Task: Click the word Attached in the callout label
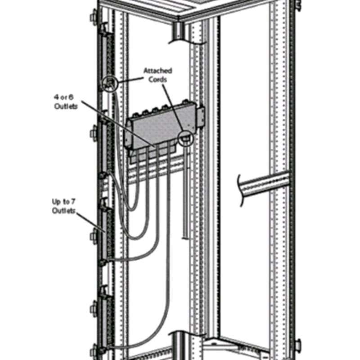click(158, 71)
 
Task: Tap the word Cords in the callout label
click(157, 80)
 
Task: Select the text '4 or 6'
click(63, 97)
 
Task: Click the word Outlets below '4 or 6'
click(66, 106)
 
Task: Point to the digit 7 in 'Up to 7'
click(73, 202)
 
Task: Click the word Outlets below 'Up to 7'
click(64, 211)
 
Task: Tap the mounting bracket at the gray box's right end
click(200, 119)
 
